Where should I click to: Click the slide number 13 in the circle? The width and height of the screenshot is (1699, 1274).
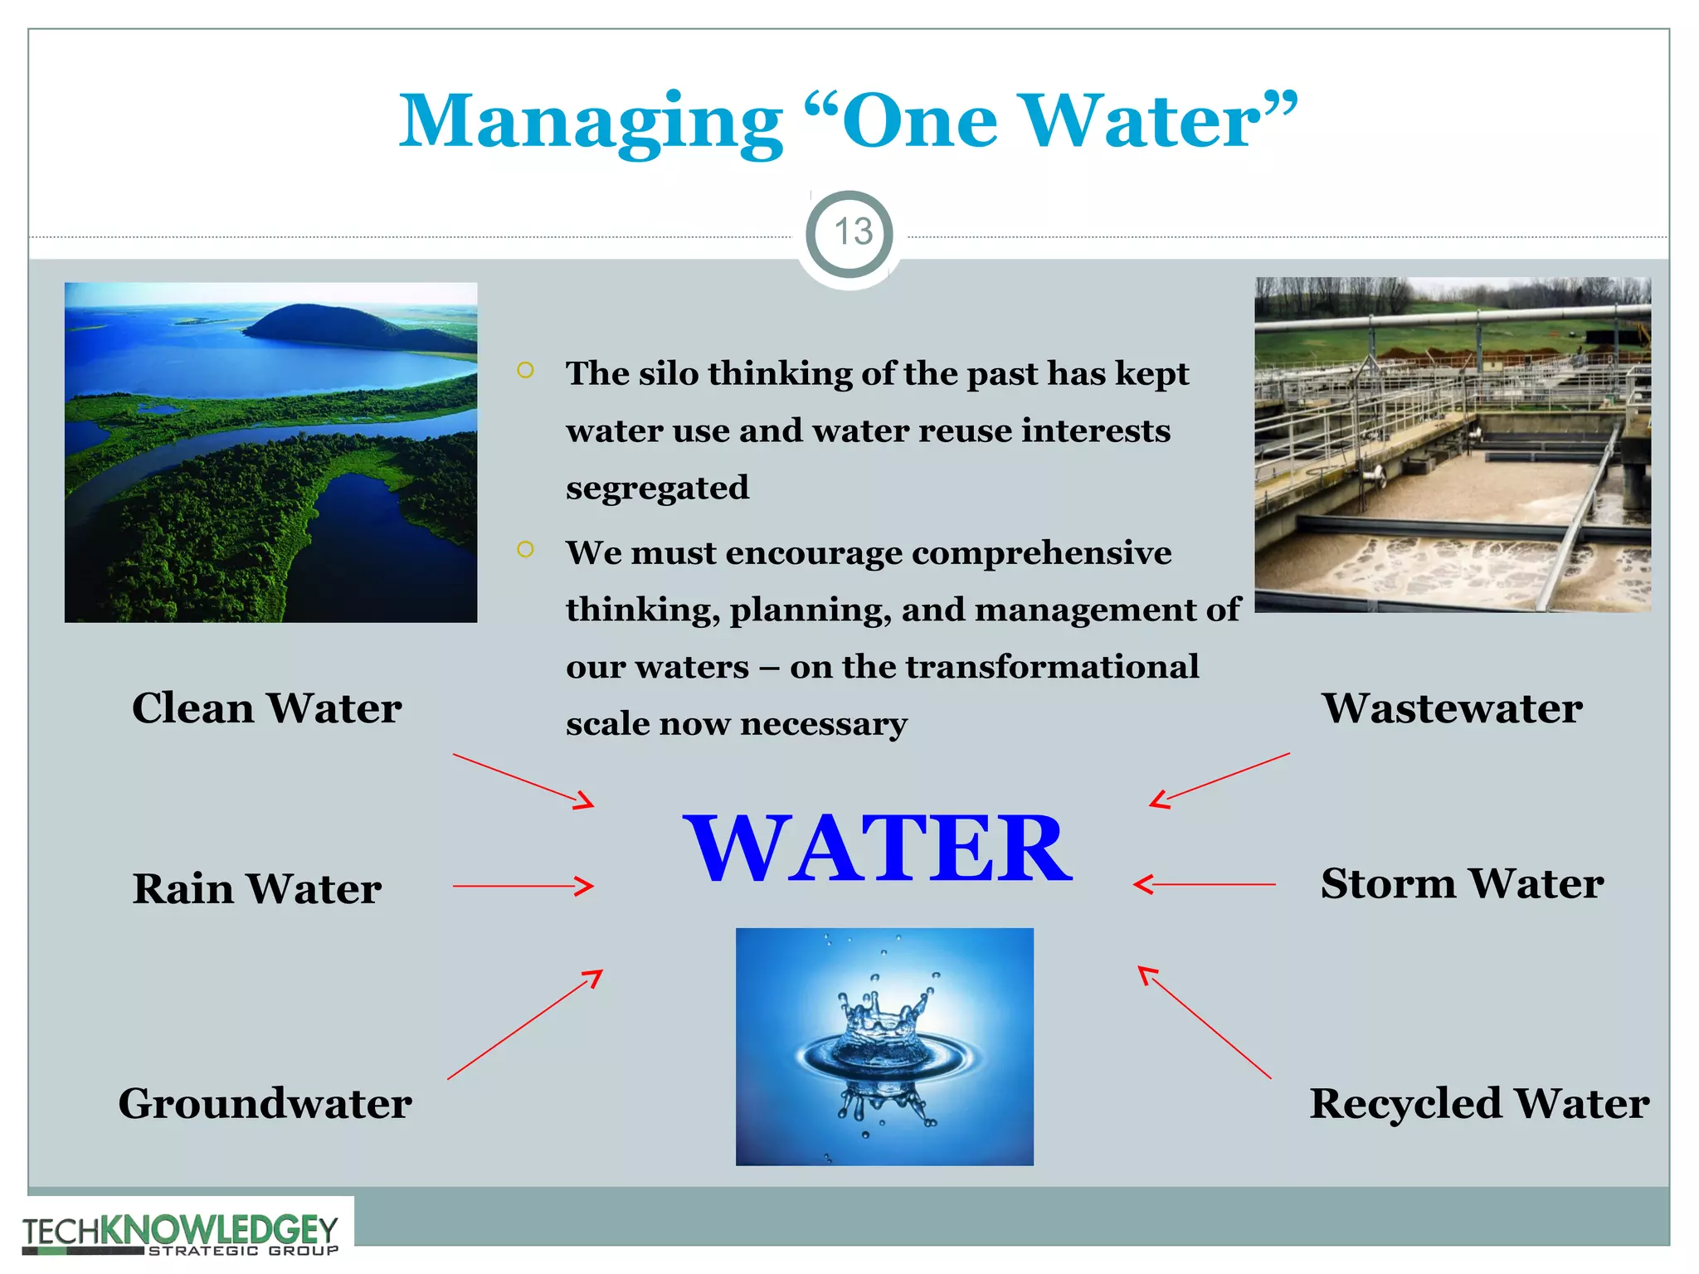pyautogui.click(x=852, y=232)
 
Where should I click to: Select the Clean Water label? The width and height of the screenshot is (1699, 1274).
pyautogui.click(x=266, y=708)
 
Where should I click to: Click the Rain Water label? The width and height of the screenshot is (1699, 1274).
pyautogui.click(x=257, y=889)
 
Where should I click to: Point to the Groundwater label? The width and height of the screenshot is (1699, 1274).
pyautogui.click(x=265, y=1103)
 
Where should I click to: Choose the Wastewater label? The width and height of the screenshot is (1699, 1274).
pyautogui.click(x=1452, y=708)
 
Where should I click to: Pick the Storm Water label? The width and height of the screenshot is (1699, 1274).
pyautogui.click(x=1462, y=883)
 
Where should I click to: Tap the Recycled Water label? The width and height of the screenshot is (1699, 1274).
pyautogui.click(x=1479, y=1103)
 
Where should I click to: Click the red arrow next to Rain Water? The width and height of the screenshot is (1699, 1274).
pyautogui.click(x=523, y=886)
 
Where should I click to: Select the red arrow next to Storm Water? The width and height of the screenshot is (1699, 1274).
pyautogui.click(x=1205, y=884)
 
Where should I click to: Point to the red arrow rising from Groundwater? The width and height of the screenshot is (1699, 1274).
pyautogui.click(x=524, y=1024)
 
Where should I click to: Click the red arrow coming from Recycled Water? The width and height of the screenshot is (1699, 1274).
pyautogui.click(x=1204, y=1022)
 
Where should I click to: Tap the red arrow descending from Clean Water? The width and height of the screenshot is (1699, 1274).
pyautogui.click(x=523, y=780)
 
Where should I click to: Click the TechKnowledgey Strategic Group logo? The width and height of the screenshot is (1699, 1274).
pyautogui.click(x=180, y=1234)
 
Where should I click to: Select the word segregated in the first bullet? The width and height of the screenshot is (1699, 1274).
pyautogui.click(x=657, y=488)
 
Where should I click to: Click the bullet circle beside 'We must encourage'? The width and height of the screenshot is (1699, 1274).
pyautogui.click(x=525, y=550)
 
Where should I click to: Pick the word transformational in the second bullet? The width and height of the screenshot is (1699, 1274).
pyautogui.click(x=1052, y=667)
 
